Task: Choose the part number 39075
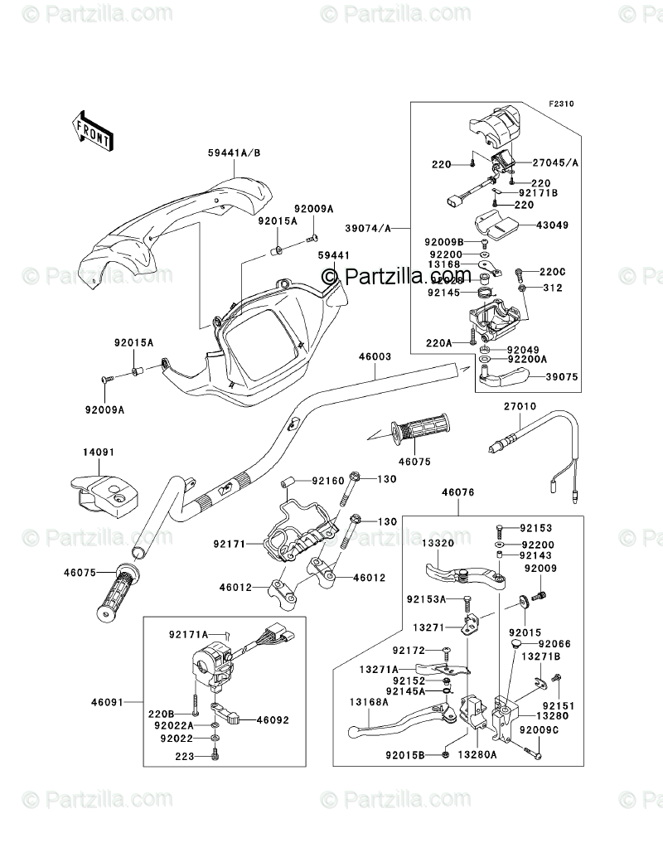click(x=560, y=376)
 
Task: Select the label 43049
click(x=561, y=225)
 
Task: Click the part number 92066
click(x=554, y=643)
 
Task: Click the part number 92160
click(x=328, y=480)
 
